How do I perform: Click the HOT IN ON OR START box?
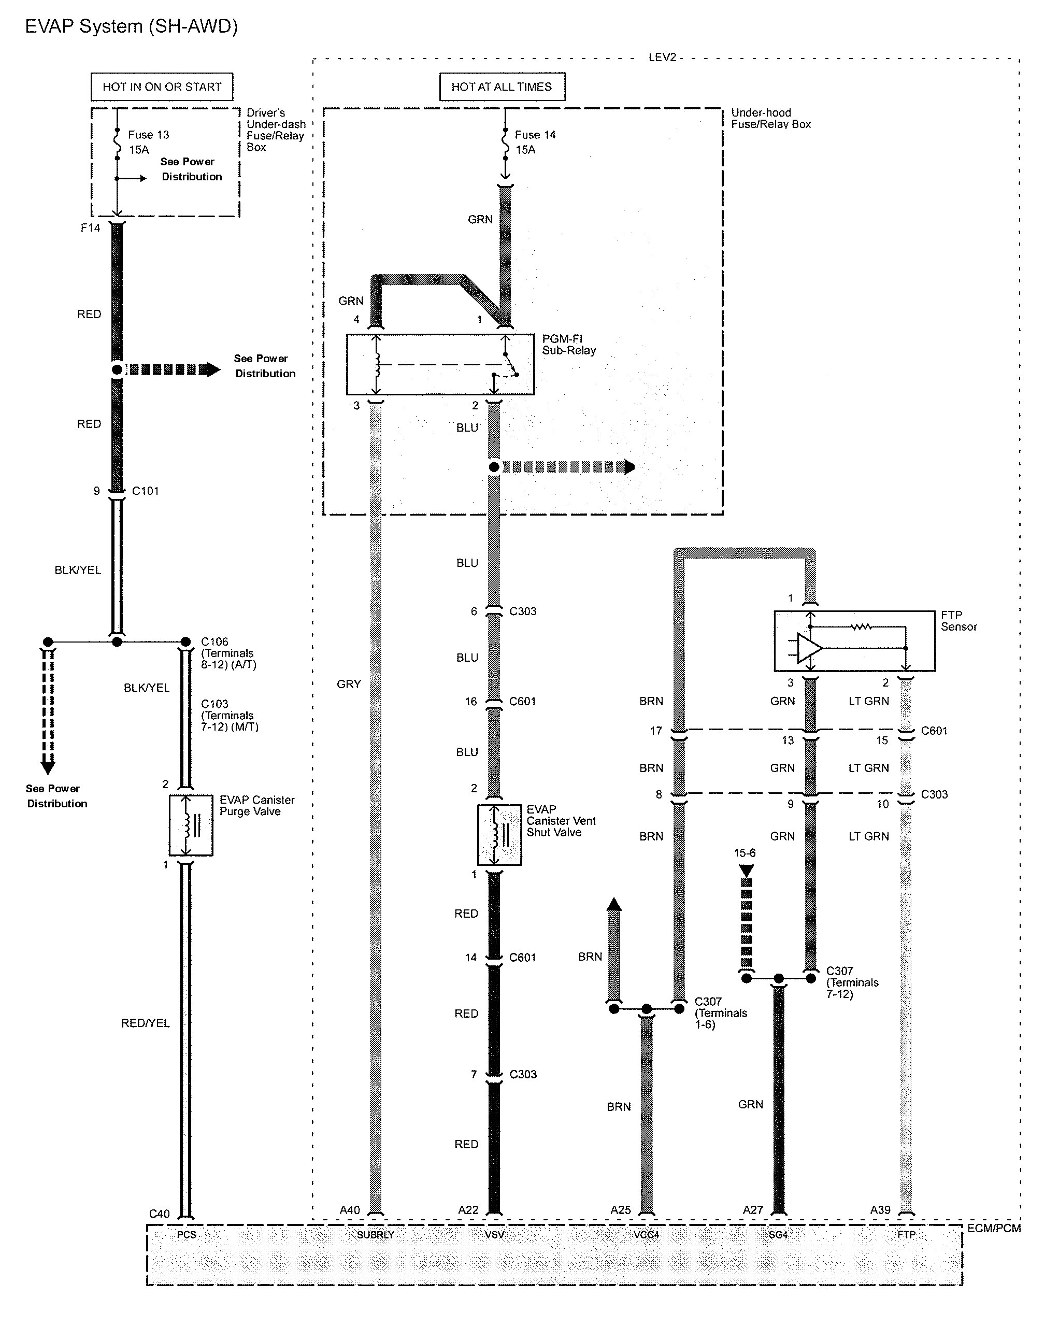[x=162, y=87]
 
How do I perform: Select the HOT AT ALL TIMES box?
[x=502, y=87]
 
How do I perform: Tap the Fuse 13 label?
[x=148, y=135]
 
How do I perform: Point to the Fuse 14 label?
[x=535, y=135]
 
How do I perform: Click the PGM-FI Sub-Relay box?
[x=440, y=365]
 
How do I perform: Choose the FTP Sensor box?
[x=854, y=641]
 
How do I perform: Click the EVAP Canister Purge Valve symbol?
[x=191, y=825]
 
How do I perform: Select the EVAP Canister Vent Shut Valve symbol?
[x=499, y=835]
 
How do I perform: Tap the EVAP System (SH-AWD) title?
[x=131, y=26]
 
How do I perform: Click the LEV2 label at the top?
[x=662, y=57]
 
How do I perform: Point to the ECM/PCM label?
[x=994, y=1228]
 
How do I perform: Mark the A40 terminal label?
[x=350, y=1210]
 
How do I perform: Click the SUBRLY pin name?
[x=375, y=1234]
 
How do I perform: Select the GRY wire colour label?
[x=349, y=684]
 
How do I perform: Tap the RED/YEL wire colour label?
[x=145, y=1023]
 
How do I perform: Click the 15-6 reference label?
[x=745, y=853]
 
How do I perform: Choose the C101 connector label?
[x=145, y=491]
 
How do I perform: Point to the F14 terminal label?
[x=90, y=228]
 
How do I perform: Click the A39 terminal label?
[x=880, y=1210]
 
